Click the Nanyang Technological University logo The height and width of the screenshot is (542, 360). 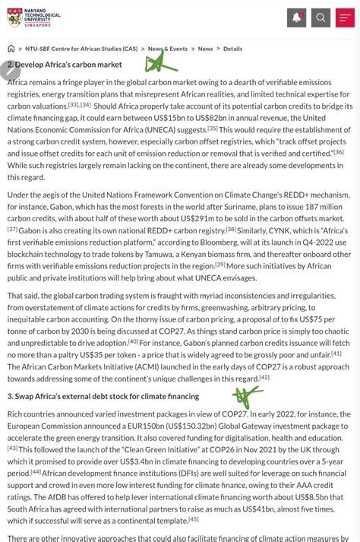(34, 17)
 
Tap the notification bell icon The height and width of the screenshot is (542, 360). (296, 17)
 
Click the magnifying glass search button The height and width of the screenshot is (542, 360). (321, 17)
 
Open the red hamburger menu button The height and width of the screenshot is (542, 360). (345, 17)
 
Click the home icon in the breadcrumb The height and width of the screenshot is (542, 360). (11, 49)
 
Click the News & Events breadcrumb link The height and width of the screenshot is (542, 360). (169, 49)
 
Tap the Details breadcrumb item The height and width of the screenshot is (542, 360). (232, 49)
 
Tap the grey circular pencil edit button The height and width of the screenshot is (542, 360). (10, 70)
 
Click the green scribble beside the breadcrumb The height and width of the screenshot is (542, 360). (160, 62)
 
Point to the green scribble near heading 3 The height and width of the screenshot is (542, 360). (248, 395)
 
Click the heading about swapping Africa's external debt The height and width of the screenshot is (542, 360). (103, 397)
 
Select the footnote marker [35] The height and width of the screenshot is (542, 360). (213, 128)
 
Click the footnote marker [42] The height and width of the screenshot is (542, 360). (264, 377)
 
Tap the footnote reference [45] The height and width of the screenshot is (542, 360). (193, 519)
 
